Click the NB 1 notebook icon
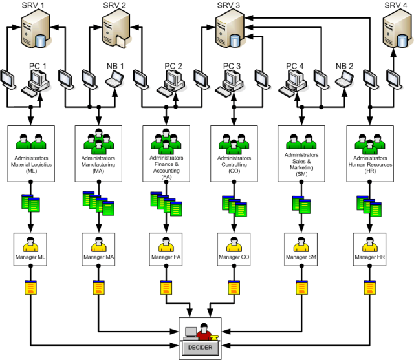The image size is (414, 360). click(114, 81)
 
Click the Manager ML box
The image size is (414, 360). click(31, 249)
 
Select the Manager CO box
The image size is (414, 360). click(234, 249)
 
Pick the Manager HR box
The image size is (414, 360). click(369, 249)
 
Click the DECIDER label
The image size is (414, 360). click(200, 347)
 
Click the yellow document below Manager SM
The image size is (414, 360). click(301, 288)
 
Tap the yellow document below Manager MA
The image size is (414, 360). click(98, 288)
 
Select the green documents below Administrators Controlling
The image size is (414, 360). click(234, 205)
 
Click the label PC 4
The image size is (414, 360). click(296, 66)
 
